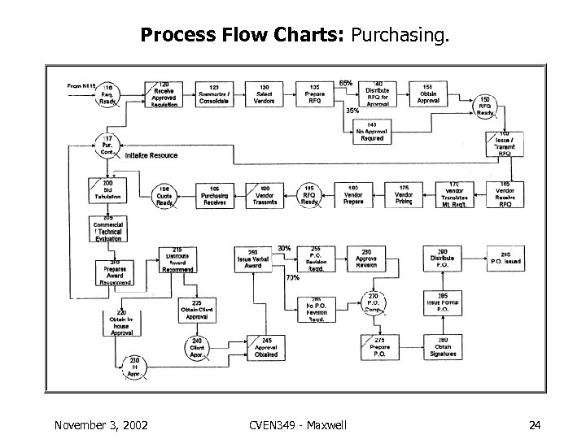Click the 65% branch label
click(346, 83)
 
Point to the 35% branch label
click(352, 110)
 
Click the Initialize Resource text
click(151, 155)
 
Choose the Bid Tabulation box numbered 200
click(107, 193)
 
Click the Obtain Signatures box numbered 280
click(443, 348)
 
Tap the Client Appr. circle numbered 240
click(196, 349)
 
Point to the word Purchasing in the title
click(399, 37)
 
